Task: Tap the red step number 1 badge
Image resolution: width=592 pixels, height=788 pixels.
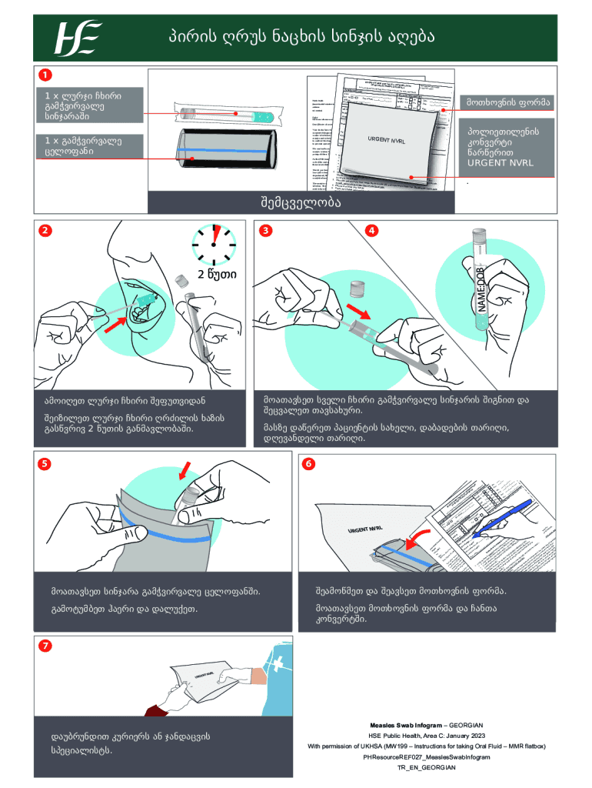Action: (45, 75)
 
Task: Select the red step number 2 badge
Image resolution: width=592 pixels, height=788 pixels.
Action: (45, 230)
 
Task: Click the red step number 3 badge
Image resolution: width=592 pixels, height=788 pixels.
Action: (264, 230)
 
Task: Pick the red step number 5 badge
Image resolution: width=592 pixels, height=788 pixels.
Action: (45, 464)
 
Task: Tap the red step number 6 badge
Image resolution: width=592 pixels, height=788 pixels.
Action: (308, 464)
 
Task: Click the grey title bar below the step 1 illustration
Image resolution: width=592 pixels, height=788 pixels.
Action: (296, 202)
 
